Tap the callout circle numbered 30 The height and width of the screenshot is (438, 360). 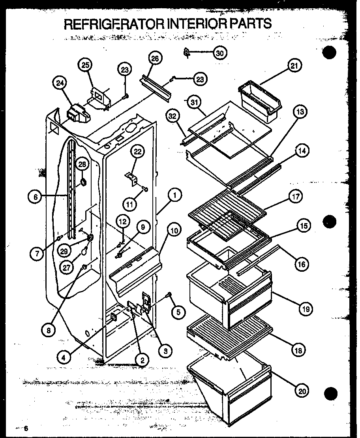click(x=220, y=53)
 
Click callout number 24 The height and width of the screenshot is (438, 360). click(x=60, y=83)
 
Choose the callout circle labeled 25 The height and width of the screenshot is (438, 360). click(x=85, y=65)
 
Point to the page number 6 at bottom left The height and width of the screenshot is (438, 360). click(x=26, y=429)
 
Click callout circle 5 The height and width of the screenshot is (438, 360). click(x=178, y=312)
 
